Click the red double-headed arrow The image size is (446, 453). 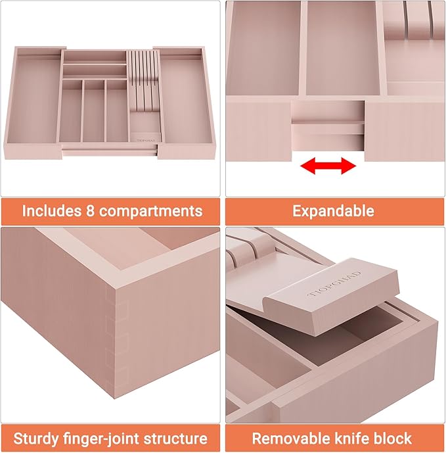(328, 166)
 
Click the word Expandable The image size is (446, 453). (333, 211)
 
